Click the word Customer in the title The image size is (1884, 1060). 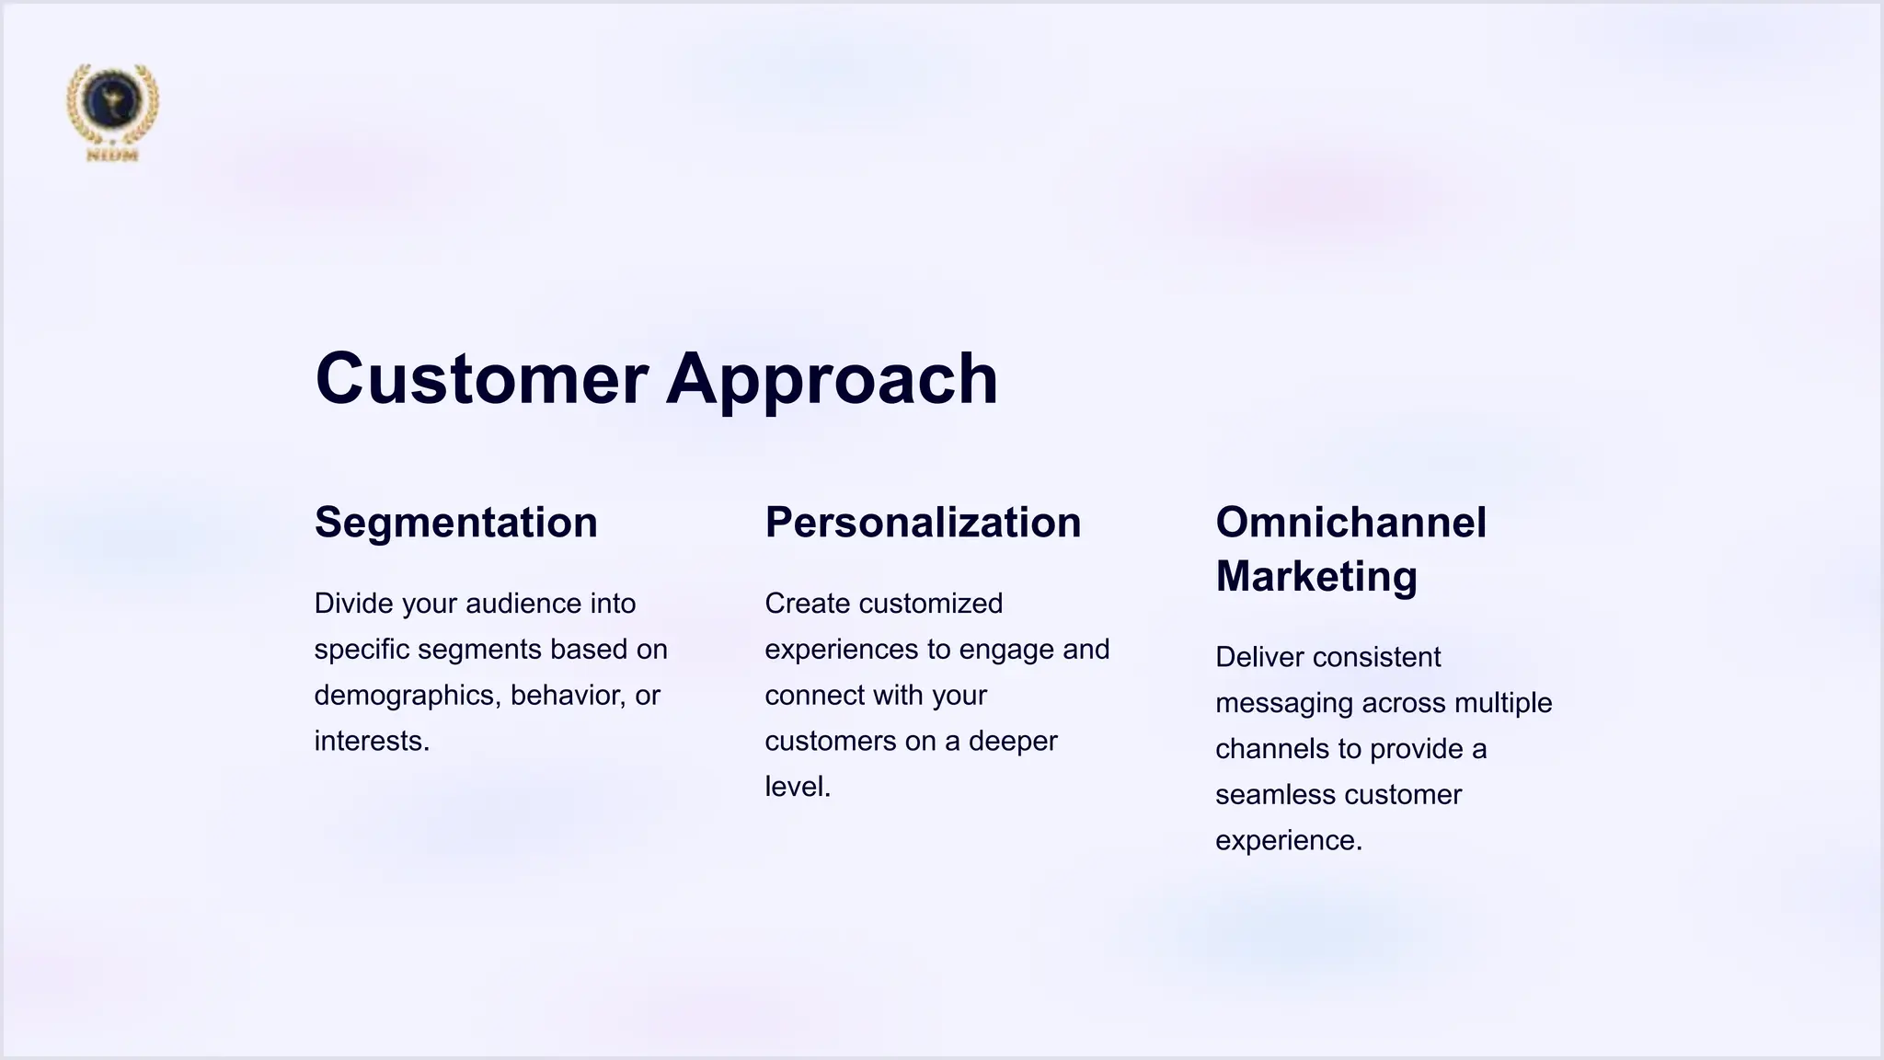pyautogui.click(x=481, y=378)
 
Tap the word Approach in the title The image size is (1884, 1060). pyautogui.click(x=832, y=378)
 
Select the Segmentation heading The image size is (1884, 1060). pyautogui.click(x=455, y=523)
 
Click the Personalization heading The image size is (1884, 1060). pyautogui.click(x=923, y=523)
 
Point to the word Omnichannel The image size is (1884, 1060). pyautogui.click(x=1350, y=523)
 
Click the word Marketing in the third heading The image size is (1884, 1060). pyautogui.click(x=1315, y=576)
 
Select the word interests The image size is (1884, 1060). pyautogui.click(x=369, y=742)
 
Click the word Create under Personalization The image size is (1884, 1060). pyautogui.click(x=807, y=604)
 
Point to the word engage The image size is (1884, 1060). pyautogui.click(x=1009, y=650)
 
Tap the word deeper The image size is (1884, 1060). pyautogui.click(x=1013, y=742)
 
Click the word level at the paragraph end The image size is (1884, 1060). pyautogui.click(x=794, y=788)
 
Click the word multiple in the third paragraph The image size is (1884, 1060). pyautogui.click(x=1503, y=704)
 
